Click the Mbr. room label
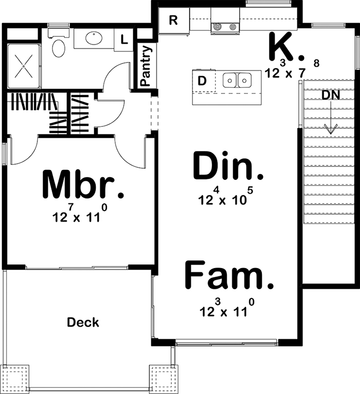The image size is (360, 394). point(82,185)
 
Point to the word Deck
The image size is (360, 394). point(83,323)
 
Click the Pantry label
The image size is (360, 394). point(146,66)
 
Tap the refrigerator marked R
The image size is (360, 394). point(173,21)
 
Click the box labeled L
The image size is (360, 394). point(124,39)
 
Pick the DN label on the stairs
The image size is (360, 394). point(331,95)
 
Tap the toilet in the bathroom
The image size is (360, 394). point(59,45)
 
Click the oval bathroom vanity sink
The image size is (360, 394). point(94,38)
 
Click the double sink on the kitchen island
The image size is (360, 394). point(237,80)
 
